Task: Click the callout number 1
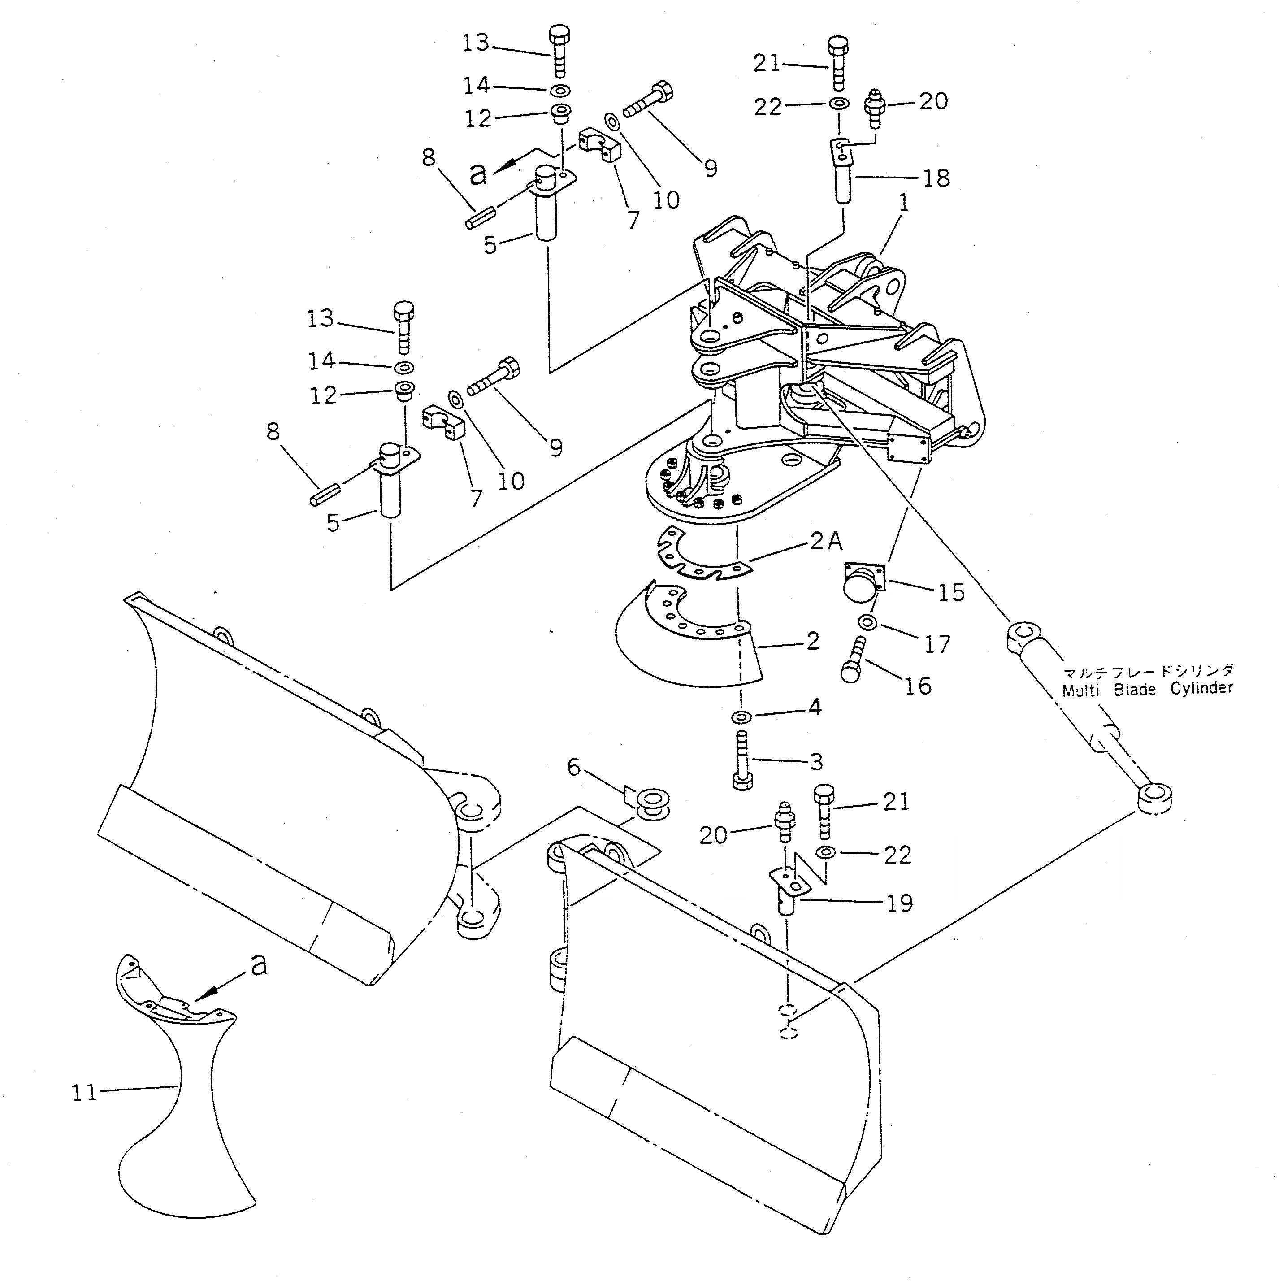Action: (902, 204)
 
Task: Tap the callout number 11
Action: (84, 1093)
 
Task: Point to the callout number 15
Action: (951, 592)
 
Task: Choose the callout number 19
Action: (900, 903)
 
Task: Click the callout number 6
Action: (573, 768)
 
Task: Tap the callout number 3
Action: (816, 761)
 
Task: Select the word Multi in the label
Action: (1081, 690)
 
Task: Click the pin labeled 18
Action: (842, 174)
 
